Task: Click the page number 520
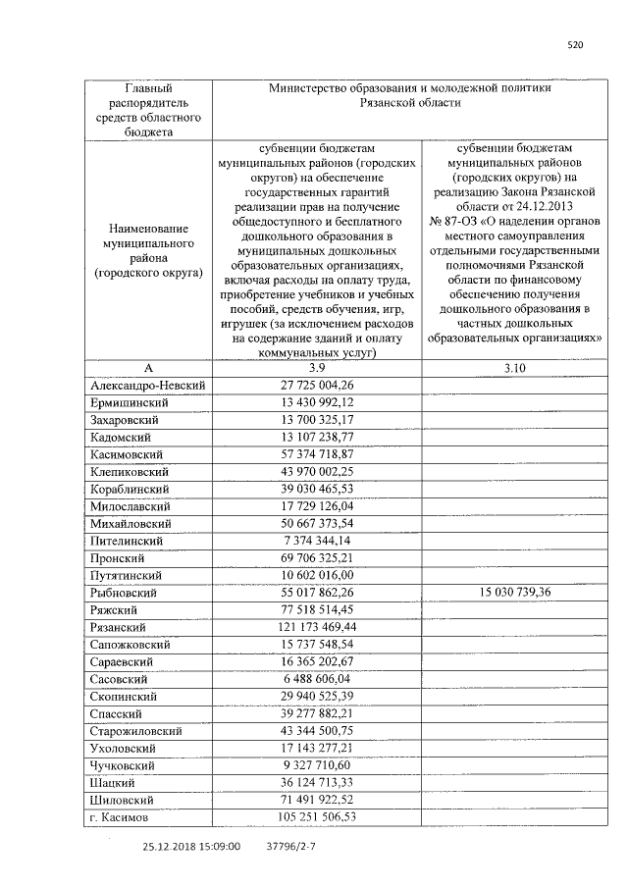(x=576, y=43)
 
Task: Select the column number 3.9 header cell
(x=316, y=368)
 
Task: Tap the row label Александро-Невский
(x=147, y=386)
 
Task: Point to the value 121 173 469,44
(x=316, y=627)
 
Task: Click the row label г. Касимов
(x=119, y=816)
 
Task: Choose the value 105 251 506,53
(x=316, y=816)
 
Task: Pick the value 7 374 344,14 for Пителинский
(x=316, y=541)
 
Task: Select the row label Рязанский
(x=118, y=627)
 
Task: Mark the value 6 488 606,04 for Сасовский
(x=316, y=679)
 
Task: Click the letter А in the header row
(x=148, y=368)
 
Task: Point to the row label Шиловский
(x=122, y=800)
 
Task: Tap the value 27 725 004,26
(x=316, y=386)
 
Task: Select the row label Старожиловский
(x=135, y=731)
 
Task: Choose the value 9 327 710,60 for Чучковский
(x=316, y=765)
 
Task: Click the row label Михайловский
(x=128, y=524)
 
